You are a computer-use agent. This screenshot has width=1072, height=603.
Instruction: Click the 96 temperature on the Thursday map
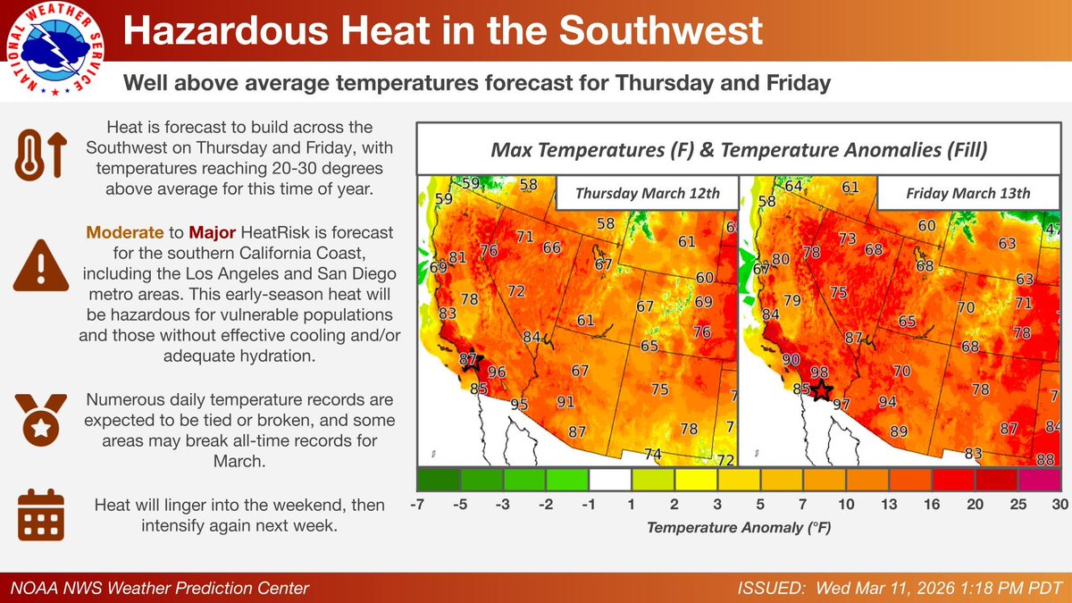click(497, 373)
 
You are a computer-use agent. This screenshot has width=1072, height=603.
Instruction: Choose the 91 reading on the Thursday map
click(565, 402)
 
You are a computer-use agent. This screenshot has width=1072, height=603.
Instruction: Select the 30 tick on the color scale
click(1060, 505)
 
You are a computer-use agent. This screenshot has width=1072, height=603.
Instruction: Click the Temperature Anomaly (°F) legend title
click(738, 528)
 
